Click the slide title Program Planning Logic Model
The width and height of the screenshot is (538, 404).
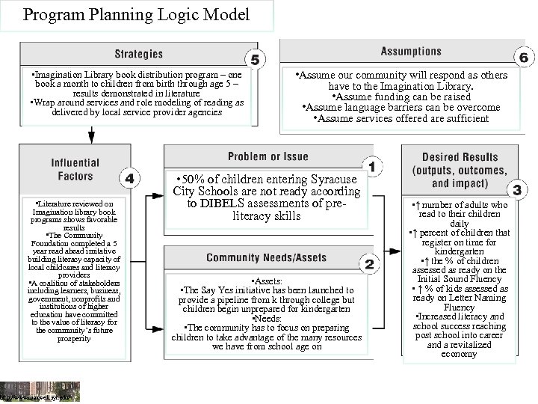[x=136, y=14]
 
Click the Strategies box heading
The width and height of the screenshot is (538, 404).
[x=138, y=54]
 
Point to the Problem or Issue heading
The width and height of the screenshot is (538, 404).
[x=268, y=156]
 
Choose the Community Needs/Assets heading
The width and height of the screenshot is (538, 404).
[x=266, y=258]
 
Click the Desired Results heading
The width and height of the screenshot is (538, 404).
[x=460, y=170]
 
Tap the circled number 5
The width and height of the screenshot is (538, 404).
[x=255, y=61]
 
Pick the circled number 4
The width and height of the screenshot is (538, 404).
[x=129, y=179]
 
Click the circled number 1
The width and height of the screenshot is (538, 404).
[x=371, y=165]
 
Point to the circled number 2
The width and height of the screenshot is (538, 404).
[x=369, y=263]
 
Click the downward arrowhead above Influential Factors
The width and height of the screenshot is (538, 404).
[x=92, y=136]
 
